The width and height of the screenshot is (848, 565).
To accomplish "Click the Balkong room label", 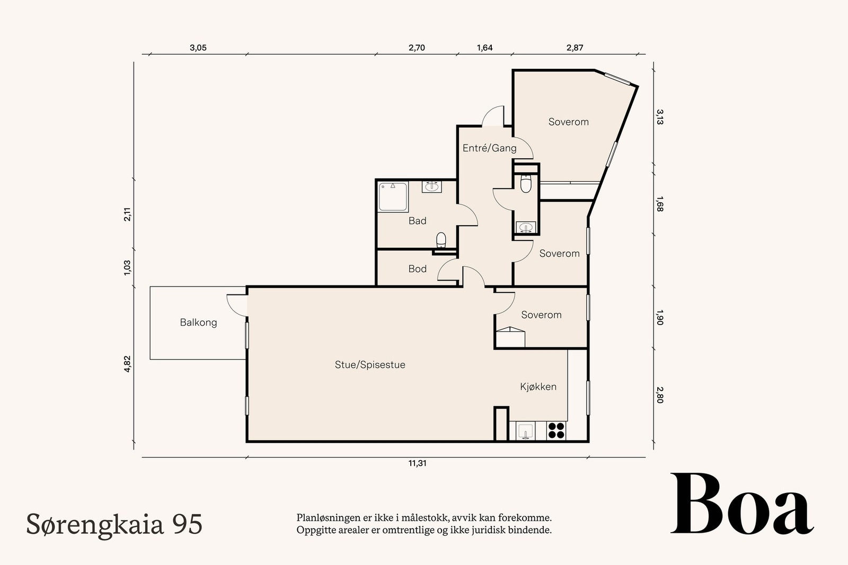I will [x=198, y=322].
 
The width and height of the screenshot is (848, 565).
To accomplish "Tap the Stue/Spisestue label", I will [x=370, y=365].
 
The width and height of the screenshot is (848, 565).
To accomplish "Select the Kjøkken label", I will [x=538, y=387].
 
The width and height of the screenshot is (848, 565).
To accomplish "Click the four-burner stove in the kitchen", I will [x=556, y=430].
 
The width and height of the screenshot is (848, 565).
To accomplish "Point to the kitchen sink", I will [x=525, y=431].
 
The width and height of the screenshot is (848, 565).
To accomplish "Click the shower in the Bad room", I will [x=393, y=197].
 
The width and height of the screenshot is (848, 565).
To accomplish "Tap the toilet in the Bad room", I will [x=441, y=240].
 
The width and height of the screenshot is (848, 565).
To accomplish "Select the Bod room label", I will [x=417, y=269].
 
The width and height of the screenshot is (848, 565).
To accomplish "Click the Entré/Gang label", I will [x=489, y=148].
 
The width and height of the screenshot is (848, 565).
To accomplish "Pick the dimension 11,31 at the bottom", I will [x=417, y=463].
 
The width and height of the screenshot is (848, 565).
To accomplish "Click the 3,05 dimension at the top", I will [x=198, y=48].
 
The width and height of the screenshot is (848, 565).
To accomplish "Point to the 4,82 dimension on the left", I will [x=127, y=364].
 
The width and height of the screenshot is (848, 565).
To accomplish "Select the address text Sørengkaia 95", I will [x=114, y=524].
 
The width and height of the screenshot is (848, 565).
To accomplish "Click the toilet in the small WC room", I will [x=526, y=184].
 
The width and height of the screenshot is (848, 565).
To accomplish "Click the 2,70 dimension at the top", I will [x=417, y=48].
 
